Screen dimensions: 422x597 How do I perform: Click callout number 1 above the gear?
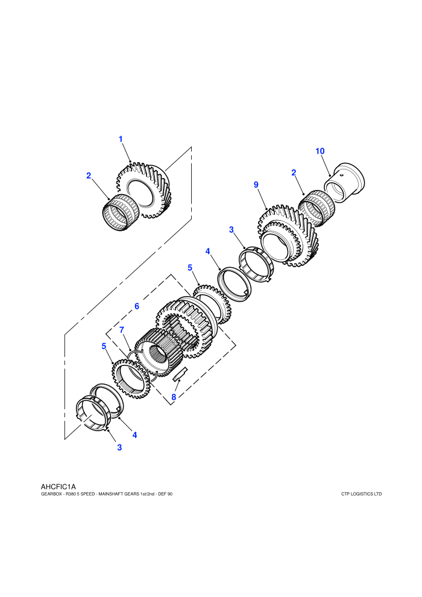(x=121, y=139)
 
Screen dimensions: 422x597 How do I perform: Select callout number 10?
(x=320, y=151)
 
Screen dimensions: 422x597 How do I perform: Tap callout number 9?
(x=256, y=185)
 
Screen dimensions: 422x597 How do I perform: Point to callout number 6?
(x=137, y=306)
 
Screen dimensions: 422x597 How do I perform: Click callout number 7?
(x=122, y=330)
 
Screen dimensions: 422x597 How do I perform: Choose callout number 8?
(x=174, y=397)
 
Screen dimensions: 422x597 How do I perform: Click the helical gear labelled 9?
(x=288, y=236)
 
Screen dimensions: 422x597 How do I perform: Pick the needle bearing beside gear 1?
(x=118, y=212)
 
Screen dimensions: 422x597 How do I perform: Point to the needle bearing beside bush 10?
(x=316, y=208)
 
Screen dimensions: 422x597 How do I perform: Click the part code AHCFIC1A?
(x=58, y=487)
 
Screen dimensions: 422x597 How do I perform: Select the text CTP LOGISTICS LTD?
(x=362, y=494)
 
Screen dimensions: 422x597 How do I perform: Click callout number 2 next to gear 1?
(x=89, y=175)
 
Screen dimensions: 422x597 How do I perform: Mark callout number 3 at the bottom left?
(x=119, y=447)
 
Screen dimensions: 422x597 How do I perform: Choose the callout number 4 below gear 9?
(x=207, y=251)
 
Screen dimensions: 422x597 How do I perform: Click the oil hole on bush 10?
(x=342, y=175)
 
